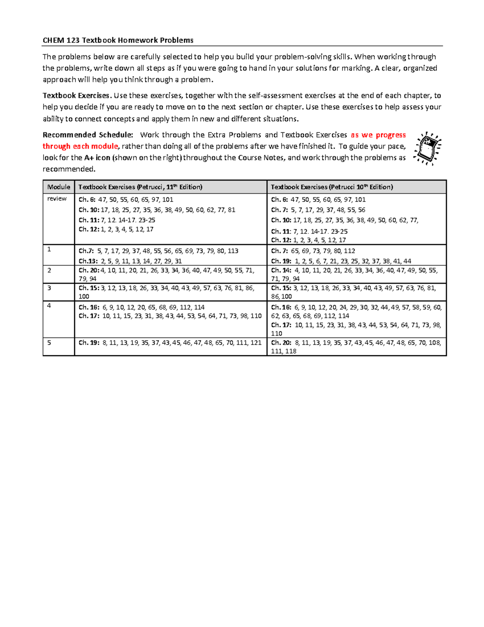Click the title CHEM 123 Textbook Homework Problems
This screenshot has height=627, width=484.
point(118,40)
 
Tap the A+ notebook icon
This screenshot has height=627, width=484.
point(428,148)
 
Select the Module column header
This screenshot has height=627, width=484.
point(58,187)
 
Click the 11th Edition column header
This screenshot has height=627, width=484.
point(140,187)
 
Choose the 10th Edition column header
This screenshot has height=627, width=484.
point(332,187)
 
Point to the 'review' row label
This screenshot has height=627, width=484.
point(57,199)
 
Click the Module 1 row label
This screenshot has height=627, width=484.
point(49,250)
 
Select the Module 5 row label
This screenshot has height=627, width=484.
point(49,342)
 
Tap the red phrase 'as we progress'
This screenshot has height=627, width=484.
point(378,135)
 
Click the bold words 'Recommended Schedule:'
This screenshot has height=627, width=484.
point(88,135)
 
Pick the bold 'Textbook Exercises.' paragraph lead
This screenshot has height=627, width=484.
point(77,96)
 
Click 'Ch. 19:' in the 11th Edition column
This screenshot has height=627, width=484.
point(89,343)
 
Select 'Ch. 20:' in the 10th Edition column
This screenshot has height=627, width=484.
point(281,343)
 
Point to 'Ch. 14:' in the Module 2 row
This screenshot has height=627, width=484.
point(281,271)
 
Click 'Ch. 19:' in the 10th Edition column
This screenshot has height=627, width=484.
point(281,261)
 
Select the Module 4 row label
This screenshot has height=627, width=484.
point(49,306)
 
